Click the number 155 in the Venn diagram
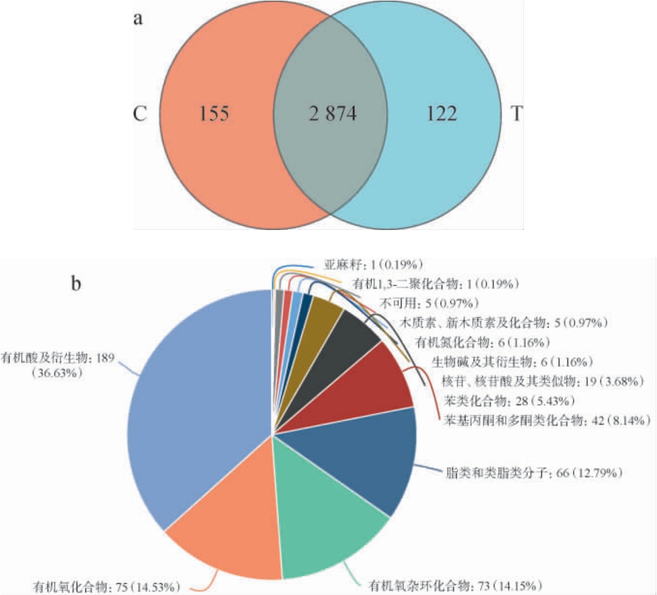pyautogui.click(x=214, y=114)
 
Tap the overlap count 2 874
pyautogui.click(x=332, y=114)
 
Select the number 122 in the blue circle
pyautogui.click(x=441, y=114)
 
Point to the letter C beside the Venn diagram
pyautogui.click(x=140, y=114)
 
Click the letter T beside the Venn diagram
pyautogui.click(x=517, y=114)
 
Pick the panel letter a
pyautogui.click(x=138, y=19)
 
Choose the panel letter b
pyautogui.click(x=76, y=283)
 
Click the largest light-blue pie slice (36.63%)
pyautogui.click(x=197, y=402)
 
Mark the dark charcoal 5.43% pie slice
pyautogui.click(x=343, y=352)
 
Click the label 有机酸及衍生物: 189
pyautogui.click(x=57, y=358)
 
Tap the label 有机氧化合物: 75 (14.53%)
pyautogui.click(x=107, y=586)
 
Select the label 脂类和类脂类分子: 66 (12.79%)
pyautogui.click(x=533, y=473)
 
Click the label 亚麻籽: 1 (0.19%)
pyautogui.click(x=373, y=264)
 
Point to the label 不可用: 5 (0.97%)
pyautogui.click(x=429, y=303)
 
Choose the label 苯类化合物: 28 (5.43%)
pyautogui.click(x=509, y=401)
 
